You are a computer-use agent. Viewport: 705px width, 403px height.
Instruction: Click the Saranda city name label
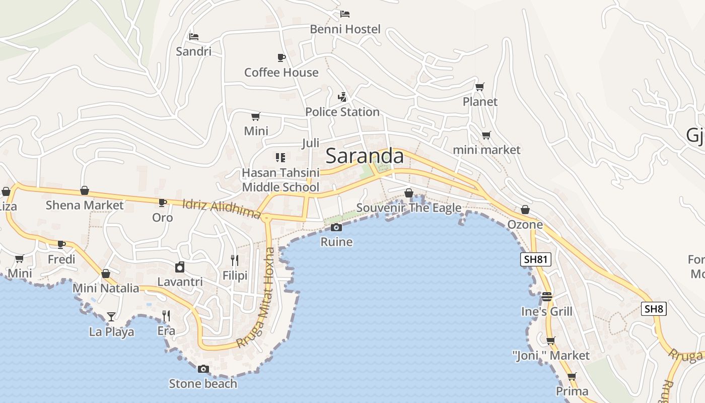coord(365,156)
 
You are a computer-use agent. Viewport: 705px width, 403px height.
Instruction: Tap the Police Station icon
coord(342,97)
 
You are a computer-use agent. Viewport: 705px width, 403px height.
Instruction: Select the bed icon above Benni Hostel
coord(345,14)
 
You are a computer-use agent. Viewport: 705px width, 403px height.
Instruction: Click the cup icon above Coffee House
coord(281,57)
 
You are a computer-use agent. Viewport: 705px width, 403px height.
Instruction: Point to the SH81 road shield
coord(536,259)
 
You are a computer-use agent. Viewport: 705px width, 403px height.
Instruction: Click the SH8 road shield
coord(654,309)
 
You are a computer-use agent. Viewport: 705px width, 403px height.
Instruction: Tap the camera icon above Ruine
coord(336,228)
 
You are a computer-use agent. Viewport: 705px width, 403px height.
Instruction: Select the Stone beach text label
coord(203,384)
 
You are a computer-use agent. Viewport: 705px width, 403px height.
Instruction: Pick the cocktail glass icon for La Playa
coord(111,317)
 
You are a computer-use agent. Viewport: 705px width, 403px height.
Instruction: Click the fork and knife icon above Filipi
coord(235,260)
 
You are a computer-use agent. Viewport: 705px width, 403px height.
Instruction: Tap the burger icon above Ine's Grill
coord(547,296)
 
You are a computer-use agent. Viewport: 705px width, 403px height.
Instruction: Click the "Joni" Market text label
coord(551,356)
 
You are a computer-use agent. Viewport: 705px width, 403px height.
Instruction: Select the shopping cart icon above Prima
coord(572,376)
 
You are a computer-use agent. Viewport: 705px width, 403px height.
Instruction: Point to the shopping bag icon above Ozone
coord(525,210)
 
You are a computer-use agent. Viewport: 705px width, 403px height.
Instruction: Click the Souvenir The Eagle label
coord(409,208)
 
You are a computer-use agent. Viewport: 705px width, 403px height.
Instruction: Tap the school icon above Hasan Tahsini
coord(280,158)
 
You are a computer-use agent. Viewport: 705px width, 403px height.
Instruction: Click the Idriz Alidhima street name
coord(221,209)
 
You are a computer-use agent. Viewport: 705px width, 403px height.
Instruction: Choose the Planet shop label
coord(480,102)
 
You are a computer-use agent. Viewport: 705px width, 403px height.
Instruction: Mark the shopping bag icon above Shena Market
coord(85,190)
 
